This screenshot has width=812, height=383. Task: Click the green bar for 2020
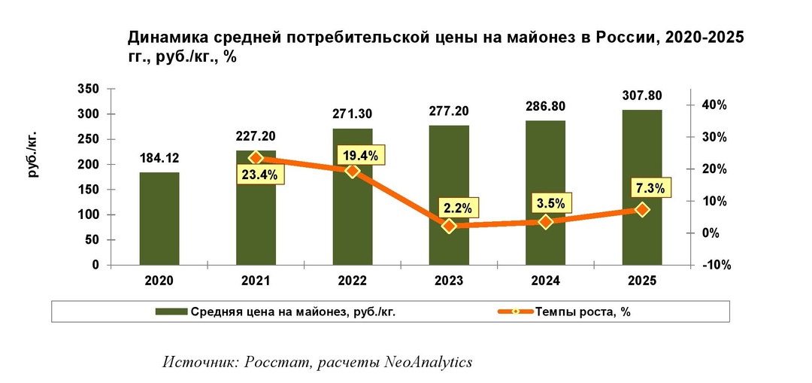coord(159,218)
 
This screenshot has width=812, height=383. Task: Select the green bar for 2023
coord(450,195)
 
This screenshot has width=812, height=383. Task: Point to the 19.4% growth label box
coord(361,155)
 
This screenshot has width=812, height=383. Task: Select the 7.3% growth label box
coord(647,188)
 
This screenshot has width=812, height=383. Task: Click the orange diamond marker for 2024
coord(546,222)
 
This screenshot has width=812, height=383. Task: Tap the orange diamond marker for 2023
coord(450,226)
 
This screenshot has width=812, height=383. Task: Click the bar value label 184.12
coord(159,159)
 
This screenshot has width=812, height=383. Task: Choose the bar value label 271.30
coord(353,114)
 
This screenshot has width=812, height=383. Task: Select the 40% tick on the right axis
coord(714,105)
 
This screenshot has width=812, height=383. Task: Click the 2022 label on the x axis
coord(353,281)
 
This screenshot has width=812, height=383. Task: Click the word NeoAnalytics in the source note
coord(429,362)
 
